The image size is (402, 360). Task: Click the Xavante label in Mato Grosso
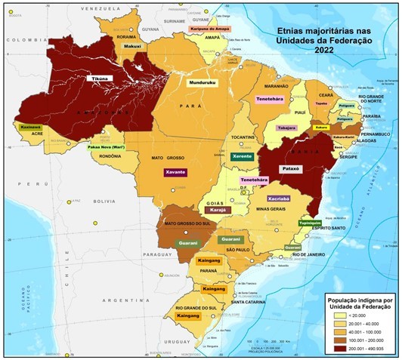175,173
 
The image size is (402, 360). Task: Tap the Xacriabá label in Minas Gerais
269,198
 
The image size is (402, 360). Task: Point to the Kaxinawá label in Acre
30,129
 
